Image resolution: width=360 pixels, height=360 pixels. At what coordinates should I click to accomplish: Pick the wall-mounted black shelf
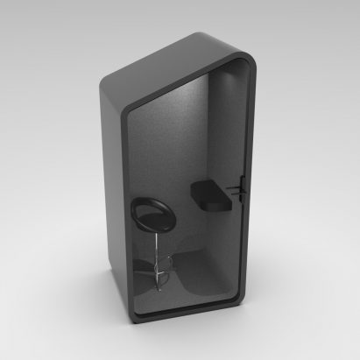[x=209, y=195]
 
